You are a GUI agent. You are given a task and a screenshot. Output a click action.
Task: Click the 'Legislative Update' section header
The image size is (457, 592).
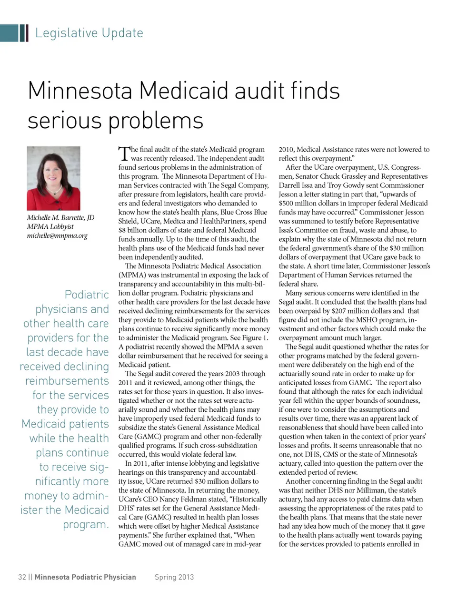[89, 33]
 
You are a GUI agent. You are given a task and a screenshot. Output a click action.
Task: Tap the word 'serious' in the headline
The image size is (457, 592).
[64, 120]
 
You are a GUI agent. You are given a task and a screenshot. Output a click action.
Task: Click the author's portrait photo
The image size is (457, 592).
[53, 178]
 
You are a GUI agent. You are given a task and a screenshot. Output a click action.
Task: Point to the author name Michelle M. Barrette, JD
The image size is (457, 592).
[60, 217]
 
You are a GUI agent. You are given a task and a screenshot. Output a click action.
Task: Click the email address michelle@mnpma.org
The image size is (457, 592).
[57, 235]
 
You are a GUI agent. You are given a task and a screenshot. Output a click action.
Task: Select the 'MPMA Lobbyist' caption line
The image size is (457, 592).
[50, 226]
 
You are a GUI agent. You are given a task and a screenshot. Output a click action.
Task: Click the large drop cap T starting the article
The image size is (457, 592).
[123, 153]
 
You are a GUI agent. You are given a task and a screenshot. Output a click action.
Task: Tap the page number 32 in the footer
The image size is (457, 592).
[22, 577]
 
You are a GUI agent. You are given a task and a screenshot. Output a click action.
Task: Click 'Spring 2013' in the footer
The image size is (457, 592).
[174, 577]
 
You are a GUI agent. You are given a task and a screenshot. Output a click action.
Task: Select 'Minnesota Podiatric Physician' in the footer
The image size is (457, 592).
[85, 577]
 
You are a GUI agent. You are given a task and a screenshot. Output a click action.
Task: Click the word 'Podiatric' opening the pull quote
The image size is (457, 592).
[87, 295]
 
